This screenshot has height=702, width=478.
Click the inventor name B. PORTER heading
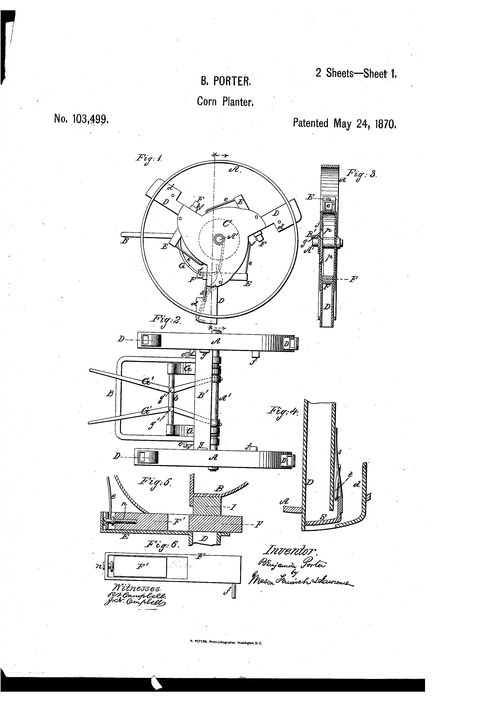[226, 81]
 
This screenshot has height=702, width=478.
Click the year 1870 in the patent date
[385, 124]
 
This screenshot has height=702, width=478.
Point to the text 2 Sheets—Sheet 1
[356, 73]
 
